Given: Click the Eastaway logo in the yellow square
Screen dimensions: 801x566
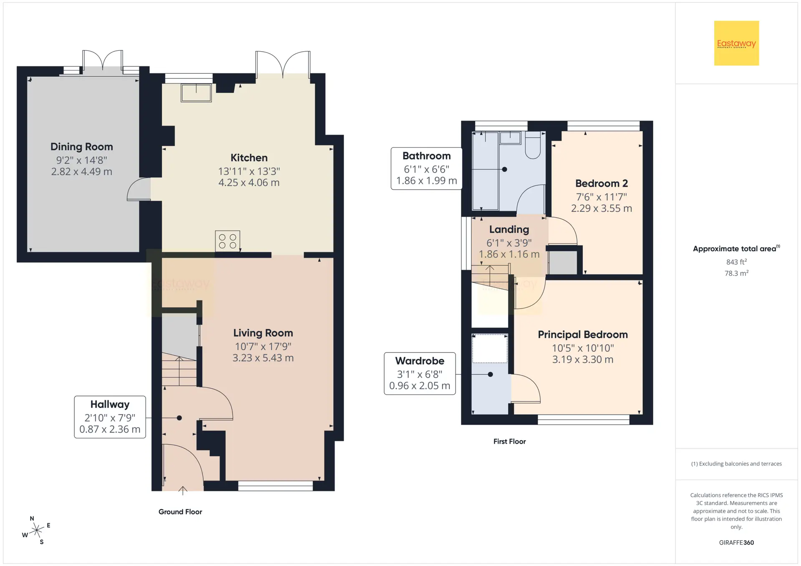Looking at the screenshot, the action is (736, 43).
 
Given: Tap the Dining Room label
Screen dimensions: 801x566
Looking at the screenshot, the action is (82, 147).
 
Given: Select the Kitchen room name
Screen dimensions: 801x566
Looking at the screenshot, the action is (249, 158).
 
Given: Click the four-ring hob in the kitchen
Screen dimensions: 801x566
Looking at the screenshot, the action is (227, 241).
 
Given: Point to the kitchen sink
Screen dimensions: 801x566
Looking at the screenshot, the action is (196, 93).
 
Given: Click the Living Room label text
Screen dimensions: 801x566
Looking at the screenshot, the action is (263, 333).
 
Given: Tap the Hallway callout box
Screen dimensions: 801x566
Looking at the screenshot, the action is (110, 417).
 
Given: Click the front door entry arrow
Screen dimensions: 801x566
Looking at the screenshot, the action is (183, 491).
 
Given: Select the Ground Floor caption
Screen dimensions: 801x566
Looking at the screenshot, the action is (180, 512).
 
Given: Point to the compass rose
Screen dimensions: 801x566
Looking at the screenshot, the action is (37, 530).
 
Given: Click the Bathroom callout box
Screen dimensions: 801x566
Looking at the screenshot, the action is (426, 168).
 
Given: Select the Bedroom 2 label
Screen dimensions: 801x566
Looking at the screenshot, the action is (601, 183).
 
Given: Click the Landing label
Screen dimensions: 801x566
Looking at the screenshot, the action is (509, 230).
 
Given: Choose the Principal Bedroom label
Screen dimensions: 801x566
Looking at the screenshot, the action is (583, 335).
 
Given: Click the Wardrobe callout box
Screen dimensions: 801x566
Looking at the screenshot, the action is (420, 373).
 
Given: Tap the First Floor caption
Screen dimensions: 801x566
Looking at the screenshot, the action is (509, 441).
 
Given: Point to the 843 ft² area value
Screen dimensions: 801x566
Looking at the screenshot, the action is (736, 262).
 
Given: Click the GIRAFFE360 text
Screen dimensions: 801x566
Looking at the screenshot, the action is (736, 543).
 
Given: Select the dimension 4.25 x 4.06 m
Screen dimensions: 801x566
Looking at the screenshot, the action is (249, 183).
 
